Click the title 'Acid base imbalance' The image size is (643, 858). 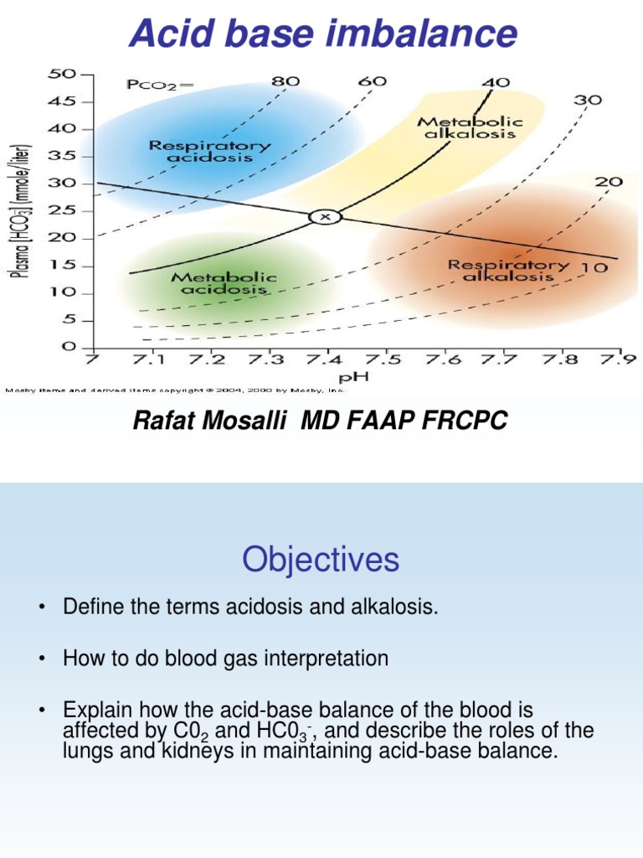point(321,34)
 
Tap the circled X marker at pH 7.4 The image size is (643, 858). point(327,216)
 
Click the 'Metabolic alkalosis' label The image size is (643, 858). point(472,127)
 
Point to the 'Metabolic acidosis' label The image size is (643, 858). point(224,283)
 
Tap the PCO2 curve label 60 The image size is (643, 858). point(373,82)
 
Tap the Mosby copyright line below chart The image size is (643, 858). point(176,389)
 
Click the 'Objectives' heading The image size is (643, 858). point(321,561)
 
